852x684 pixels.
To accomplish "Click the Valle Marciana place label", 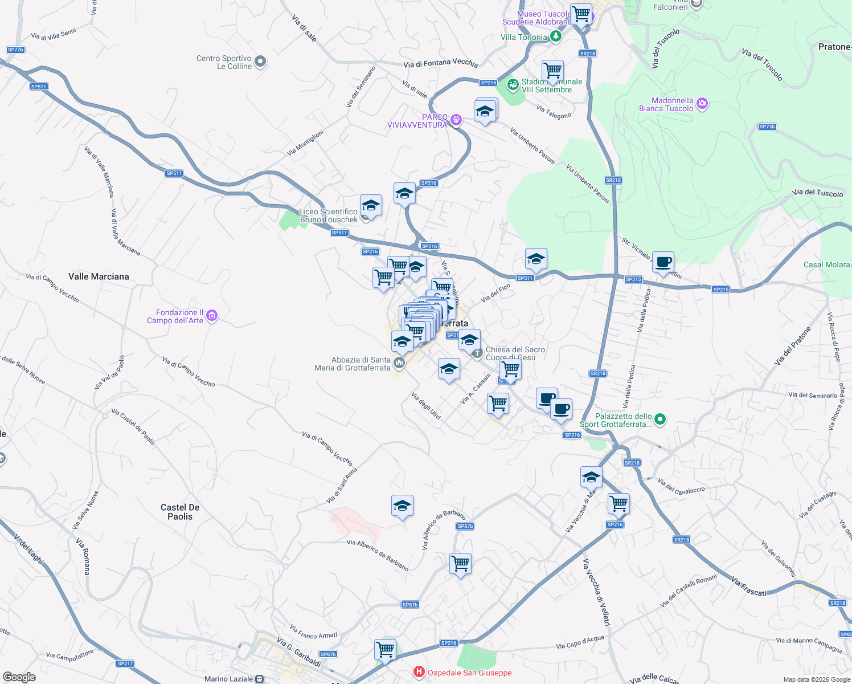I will point(99,276).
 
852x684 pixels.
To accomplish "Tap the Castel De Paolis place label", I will point(180,512).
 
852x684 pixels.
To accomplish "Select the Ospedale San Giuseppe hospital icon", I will point(419,673).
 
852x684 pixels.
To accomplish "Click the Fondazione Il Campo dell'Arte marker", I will point(212,316).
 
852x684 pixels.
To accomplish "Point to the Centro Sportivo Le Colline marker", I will point(260,62).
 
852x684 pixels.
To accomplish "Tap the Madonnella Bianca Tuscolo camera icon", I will point(702,104).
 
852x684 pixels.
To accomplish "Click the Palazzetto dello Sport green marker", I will point(660,420).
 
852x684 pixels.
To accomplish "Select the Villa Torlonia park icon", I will point(556,36).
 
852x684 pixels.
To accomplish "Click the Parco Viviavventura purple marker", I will point(456,120).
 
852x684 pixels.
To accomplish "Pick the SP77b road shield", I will point(15,50).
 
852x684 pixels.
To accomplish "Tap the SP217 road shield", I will point(125,663).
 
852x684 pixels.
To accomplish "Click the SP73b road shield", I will point(767,127).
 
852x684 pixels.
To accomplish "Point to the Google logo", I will point(19,677).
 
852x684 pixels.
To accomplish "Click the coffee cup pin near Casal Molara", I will point(663,263).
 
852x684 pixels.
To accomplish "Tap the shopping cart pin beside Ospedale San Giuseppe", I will point(386,650).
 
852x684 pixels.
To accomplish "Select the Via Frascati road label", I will point(748,587).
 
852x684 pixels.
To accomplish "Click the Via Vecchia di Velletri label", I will point(596,593).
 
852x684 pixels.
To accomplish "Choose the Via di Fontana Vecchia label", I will point(440,63).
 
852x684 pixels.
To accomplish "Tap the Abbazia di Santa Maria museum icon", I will point(399,363).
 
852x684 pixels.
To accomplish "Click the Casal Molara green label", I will point(826,264).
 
